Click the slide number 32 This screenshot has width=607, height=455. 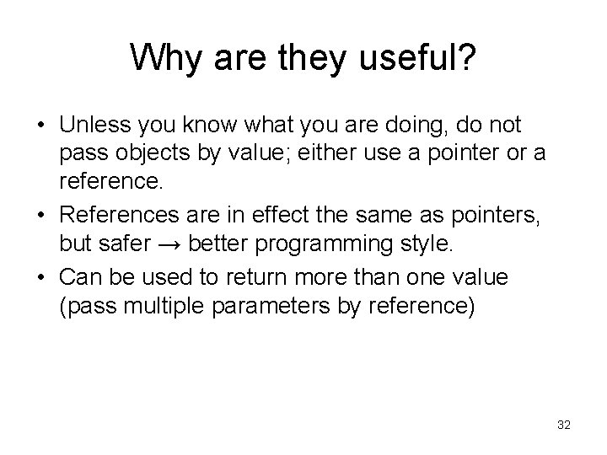click(x=564, y=426)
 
